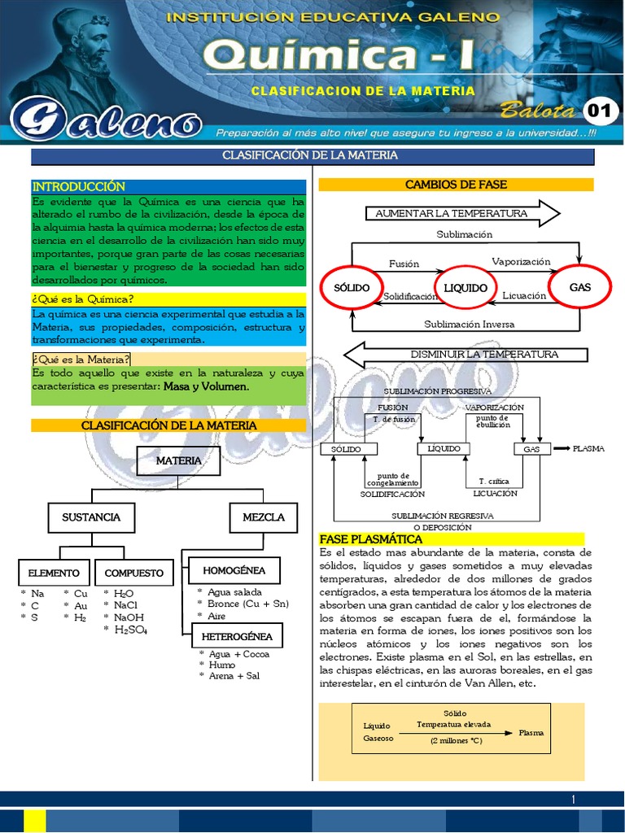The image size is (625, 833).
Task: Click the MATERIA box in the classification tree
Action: tap(178, 460)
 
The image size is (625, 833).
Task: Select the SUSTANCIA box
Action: tap(90, 517)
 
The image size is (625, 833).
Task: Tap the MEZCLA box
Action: tap(263, 517)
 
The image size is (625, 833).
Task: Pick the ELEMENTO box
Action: tap(54, 573)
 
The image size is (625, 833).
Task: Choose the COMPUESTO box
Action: tap(133, 573)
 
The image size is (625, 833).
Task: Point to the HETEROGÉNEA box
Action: tap(237, 635)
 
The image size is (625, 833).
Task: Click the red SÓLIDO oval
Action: tap(352, 288)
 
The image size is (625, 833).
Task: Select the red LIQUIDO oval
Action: tap(465, 288)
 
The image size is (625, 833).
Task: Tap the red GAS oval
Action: tap(579, 287)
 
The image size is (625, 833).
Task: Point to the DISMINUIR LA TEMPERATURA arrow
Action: tap(464, 355)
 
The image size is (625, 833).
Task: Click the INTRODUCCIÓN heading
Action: tap(79, 187)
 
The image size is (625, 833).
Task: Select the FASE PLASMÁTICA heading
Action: tap(371, 539)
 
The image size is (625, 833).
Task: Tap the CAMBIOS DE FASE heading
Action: tap(456, 185)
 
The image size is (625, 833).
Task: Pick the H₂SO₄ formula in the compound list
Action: tap(131, 630)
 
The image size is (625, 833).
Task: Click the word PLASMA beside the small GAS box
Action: tap(588, 448)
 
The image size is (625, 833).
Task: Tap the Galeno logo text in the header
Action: tap(106, 122)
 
